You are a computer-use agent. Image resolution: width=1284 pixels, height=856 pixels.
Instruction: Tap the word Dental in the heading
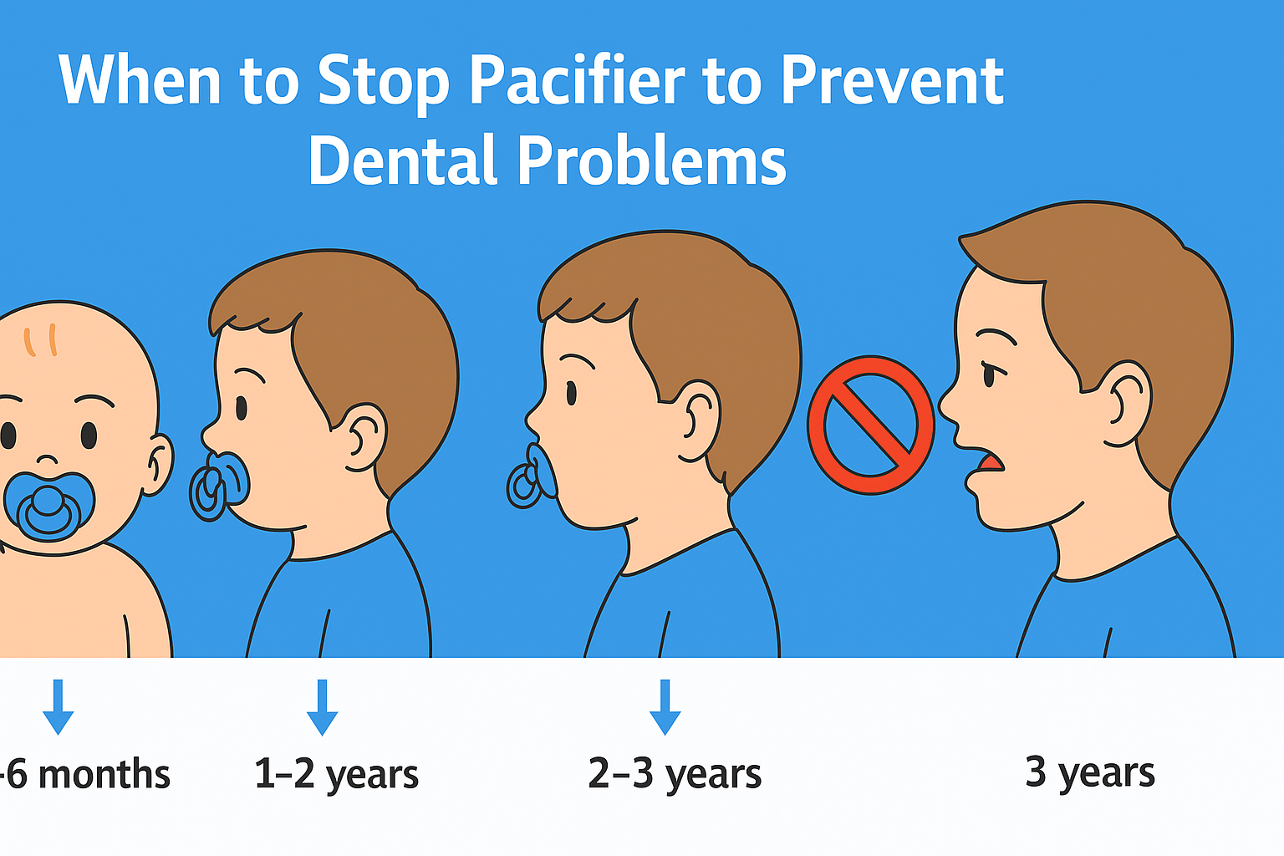pyautogui.click(x=402, y=160)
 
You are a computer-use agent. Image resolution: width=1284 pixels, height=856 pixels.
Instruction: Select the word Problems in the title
pyautogui.click(x=652, y=160)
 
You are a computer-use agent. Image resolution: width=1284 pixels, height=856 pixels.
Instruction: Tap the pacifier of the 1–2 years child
pyautogui.click(x=219, y=485)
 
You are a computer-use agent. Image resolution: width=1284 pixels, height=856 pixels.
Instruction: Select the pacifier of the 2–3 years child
pyautogui.click(x=532, y=476)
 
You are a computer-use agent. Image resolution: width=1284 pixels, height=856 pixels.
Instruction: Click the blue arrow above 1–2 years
pyautogui.click(x=322, y=707)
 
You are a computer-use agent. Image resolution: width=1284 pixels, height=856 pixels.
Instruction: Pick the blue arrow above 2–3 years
pyautogui.click(x=665, y=707)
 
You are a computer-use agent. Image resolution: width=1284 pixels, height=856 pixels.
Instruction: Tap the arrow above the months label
pyautogui.click(x=58, y=707)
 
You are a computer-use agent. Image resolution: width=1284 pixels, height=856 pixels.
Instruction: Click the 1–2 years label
pyautogui.click(x=337, y=774)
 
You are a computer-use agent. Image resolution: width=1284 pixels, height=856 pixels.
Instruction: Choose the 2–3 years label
pyautogui.click(x=675, y=774)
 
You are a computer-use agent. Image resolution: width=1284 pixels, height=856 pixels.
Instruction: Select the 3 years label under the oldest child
pyautogui.click(x=1090, y=773)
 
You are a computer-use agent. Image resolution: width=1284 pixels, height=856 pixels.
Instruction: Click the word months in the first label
pyautogui.click(x=104, y=774)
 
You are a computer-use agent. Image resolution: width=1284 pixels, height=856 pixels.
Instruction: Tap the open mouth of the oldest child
pyautogui.click(x=991, y=462)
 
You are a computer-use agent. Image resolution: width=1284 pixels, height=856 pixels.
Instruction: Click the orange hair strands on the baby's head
pyautogui.click(x=40, y=340)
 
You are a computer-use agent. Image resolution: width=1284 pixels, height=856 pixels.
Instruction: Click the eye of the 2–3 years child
pyautogui.click(x=571, y=394)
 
